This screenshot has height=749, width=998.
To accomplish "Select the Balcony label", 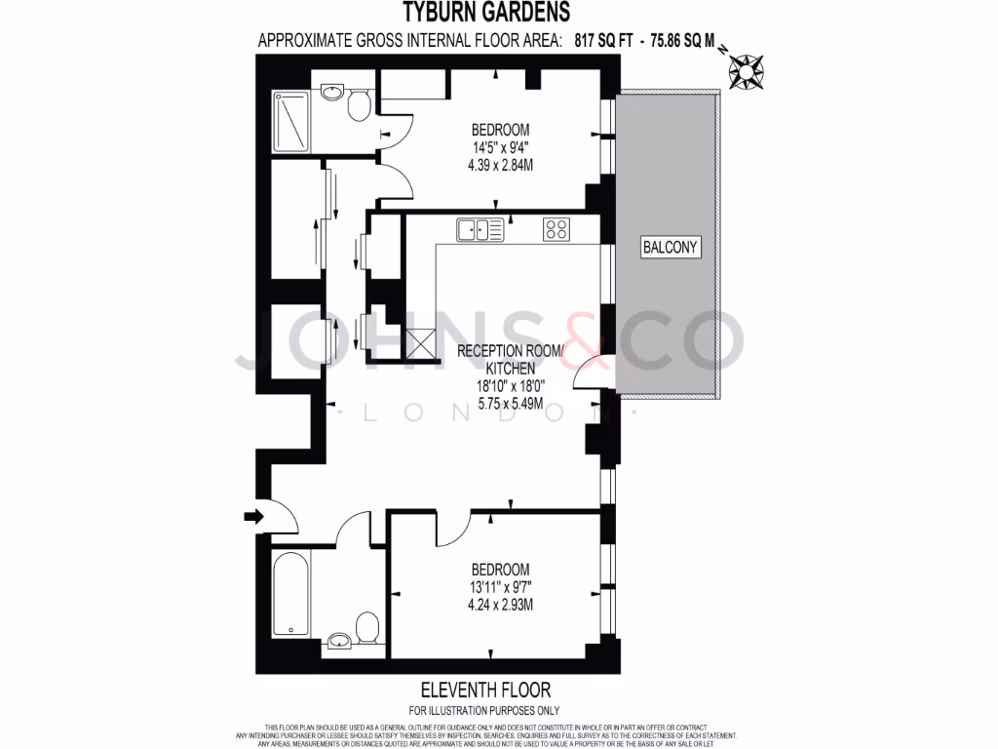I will (670, 247).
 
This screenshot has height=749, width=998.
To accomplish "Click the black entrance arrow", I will (252, 516).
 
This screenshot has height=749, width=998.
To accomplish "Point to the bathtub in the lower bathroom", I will (289, 596).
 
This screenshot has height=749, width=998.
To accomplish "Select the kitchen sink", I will (480, 230).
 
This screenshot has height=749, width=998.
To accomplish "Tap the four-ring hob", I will (557, 230).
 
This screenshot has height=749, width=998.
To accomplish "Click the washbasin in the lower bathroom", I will (340, 640).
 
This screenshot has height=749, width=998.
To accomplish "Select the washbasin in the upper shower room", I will (331, 94).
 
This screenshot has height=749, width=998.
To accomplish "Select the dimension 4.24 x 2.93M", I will (500, 605).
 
